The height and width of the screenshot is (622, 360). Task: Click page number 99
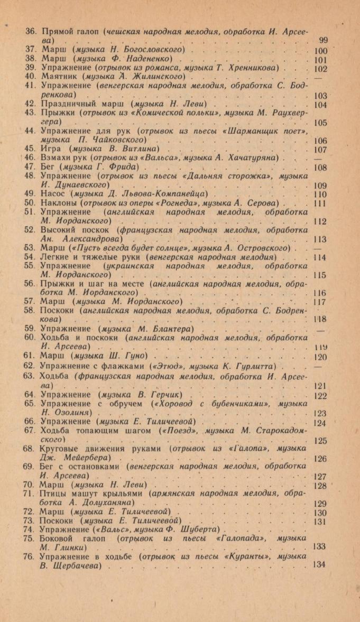pos(324,40)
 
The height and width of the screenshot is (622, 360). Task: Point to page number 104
pos(320,105)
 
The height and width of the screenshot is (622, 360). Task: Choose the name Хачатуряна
pos(255,158)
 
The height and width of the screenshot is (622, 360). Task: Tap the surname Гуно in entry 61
pos(135,357)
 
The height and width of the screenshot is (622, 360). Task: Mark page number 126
pos(320,458)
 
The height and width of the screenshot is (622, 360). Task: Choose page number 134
pos(319,564)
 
